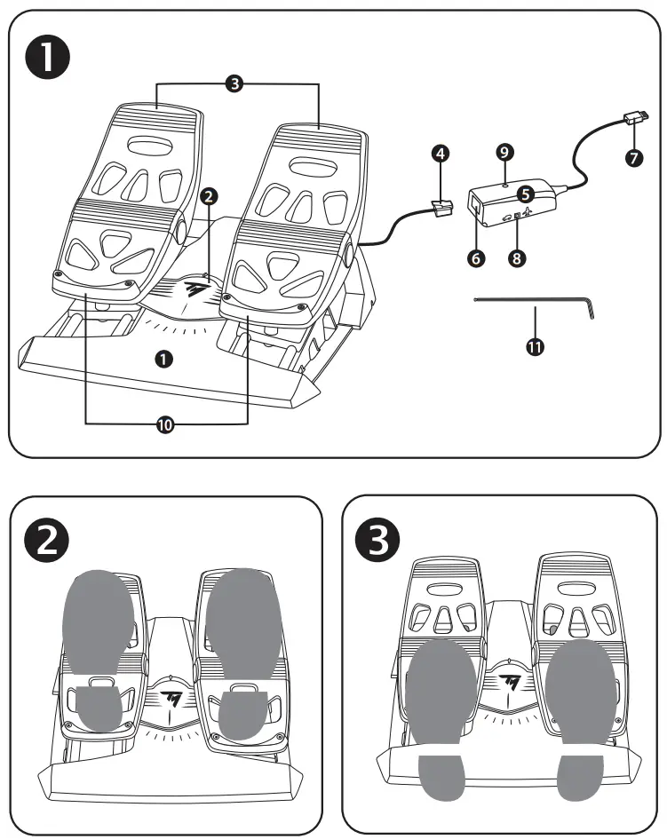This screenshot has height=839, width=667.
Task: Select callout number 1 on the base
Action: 163,359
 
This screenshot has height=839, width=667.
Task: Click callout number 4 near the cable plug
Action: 440,153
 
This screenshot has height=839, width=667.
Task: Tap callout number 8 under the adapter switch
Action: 517,258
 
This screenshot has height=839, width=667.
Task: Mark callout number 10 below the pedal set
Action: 165,425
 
